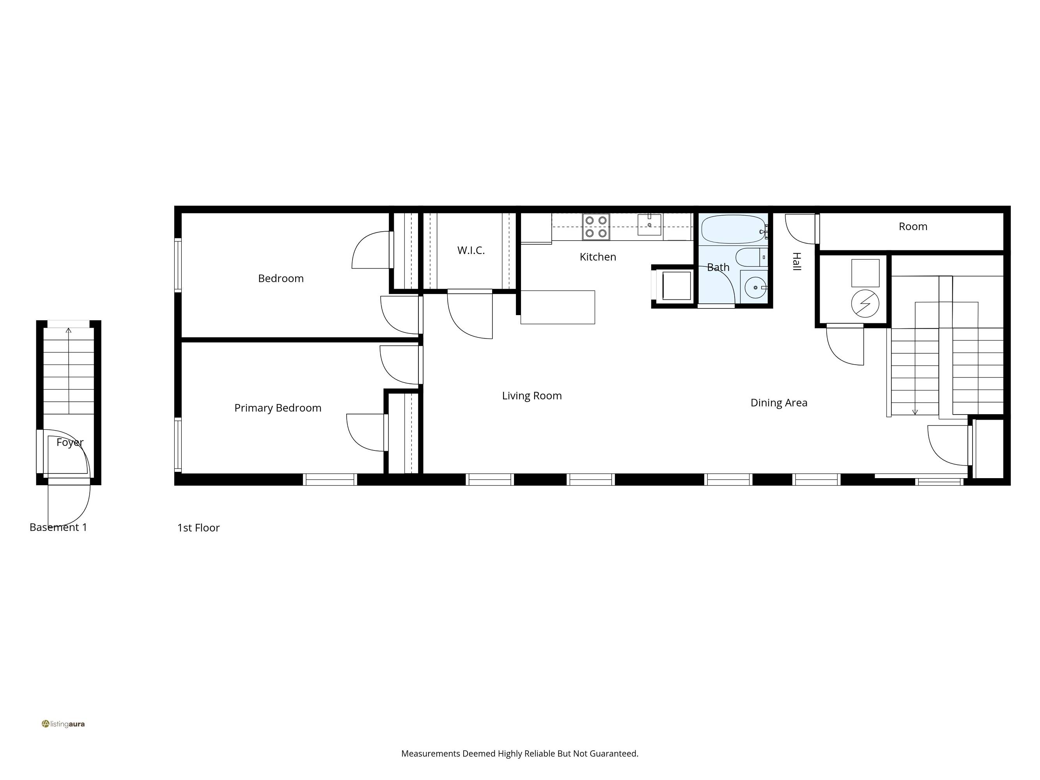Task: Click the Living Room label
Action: click(532, 396)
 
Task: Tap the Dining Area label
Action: click(779, 403)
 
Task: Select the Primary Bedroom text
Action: click(278, 408)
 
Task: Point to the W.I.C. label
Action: click(471, 251)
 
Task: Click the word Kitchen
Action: click(597, 257)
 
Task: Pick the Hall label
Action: click(796, 261)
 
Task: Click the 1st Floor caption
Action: click(198, 528)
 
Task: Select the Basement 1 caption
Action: click(58, 528)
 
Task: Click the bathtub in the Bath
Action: click(733, 229)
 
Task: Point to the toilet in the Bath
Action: click(751, 258)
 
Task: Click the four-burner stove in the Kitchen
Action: click(596, 227)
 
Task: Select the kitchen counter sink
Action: click(649, 224)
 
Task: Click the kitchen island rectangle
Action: click(558, 307)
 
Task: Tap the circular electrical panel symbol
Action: click(865, 303)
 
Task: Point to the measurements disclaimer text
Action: click(519, 753)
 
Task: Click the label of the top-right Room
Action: click(913, 227)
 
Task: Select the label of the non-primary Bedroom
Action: click(281, 278)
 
